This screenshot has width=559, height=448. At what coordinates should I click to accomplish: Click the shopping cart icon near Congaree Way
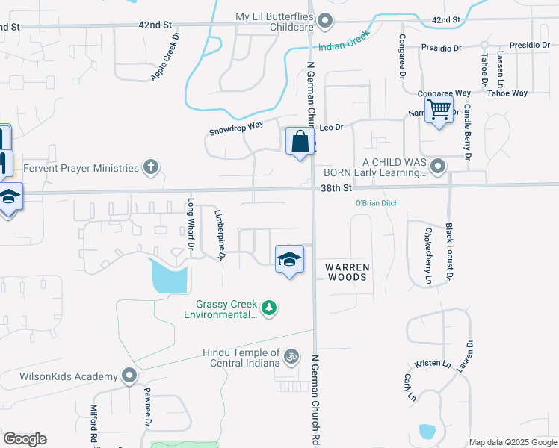point(439,111)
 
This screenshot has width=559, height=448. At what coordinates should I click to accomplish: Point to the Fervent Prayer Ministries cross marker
point(151,167)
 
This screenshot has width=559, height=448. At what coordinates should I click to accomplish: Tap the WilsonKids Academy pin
point(129,376)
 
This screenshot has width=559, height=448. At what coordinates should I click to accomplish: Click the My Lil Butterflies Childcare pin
point(324,22)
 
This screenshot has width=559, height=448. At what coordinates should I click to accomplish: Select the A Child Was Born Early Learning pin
point(438,167)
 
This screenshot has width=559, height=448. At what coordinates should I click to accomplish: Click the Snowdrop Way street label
point(236,128)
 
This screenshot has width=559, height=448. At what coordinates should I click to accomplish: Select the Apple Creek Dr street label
point(165,56)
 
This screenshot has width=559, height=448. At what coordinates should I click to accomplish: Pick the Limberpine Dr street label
point(220,234)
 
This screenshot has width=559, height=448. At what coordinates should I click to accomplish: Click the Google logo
point(25,439)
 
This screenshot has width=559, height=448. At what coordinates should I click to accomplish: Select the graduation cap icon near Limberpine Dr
point(289,259)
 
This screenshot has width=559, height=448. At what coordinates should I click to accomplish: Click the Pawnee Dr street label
point(148,412)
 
